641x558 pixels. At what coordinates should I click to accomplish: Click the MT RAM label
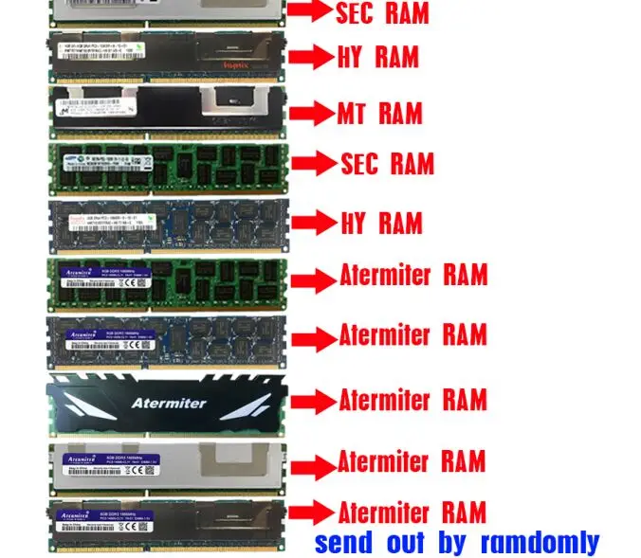coord(380,114)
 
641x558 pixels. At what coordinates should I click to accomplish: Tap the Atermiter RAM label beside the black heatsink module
coord(412,399)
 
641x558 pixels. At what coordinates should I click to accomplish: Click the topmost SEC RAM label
coord(382,12)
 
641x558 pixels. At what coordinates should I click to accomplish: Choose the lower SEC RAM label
coord(387,164)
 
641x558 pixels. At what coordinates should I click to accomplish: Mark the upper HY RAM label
coord(378,57)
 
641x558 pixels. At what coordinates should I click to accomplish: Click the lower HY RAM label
coord(381,224)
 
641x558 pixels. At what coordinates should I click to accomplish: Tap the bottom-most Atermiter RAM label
coord(412,513)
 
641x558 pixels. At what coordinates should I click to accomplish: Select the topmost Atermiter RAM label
coord(413,276)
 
